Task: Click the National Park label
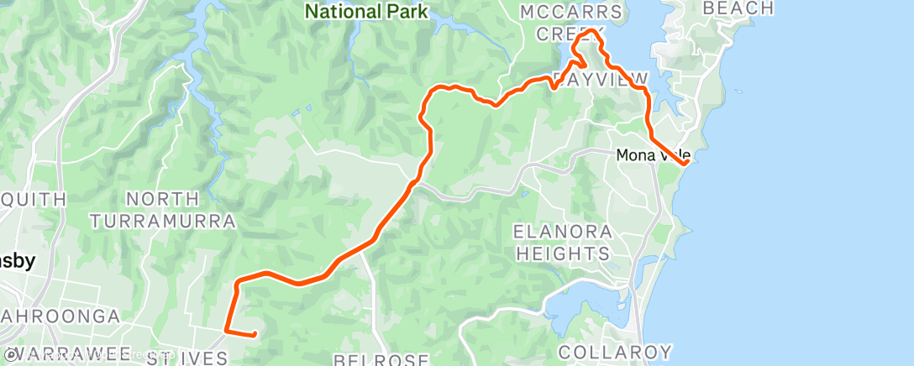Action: [x=365, y=12]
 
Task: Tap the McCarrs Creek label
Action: [x=572, y=23]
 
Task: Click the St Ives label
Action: [x=186, y=359]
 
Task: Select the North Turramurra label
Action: [x=164, y=210]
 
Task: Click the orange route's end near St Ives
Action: [x=255, y=334]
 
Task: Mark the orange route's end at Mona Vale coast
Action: [x=687, y=163]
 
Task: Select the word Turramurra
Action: [x=164, y=221]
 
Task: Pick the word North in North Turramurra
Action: [x=163, y=199]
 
